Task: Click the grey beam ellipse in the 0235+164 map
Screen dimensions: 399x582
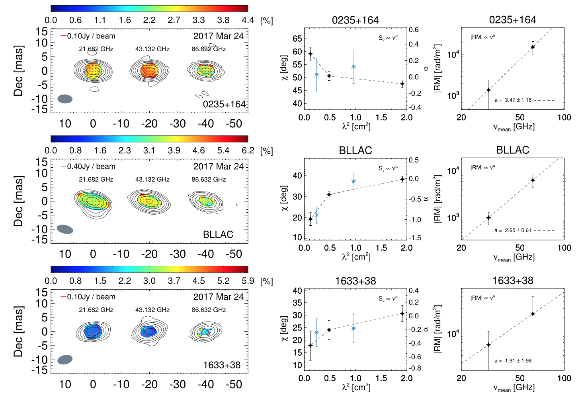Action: [x=65, y=99]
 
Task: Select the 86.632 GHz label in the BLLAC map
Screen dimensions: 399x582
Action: [x=209, y=179]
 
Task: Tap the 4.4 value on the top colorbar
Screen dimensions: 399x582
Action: [x=248, y=20]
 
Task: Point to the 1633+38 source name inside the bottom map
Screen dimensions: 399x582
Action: [x=222, y=365]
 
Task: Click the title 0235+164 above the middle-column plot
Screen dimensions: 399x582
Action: [x=355, y=20]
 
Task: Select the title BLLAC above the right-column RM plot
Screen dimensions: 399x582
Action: [x=512, y=150]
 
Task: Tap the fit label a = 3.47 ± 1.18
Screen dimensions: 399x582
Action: [x=513, y=100]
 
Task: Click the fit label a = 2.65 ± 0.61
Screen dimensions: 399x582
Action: [x=513, y=230]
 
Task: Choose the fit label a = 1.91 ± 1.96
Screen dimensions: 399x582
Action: [x=513, y=361]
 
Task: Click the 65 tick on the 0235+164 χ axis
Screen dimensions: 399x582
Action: [x=297, y=39]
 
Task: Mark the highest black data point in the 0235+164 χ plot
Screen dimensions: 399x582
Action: [x=311, y=54]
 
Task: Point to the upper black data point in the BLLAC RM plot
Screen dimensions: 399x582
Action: [x=533, y=180]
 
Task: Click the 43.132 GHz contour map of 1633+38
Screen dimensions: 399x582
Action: [x=149, y=331]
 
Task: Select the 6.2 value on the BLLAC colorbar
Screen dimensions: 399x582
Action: [x=248, y=151]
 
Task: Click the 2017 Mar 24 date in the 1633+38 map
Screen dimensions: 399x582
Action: [x=218, y=297]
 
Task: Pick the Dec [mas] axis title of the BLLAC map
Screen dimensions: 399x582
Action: [x=18, y=201]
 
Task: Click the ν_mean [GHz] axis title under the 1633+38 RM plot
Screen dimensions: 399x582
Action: [x=514, y=388]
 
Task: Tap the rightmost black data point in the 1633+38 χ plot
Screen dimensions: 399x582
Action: [x=402, y=314]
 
